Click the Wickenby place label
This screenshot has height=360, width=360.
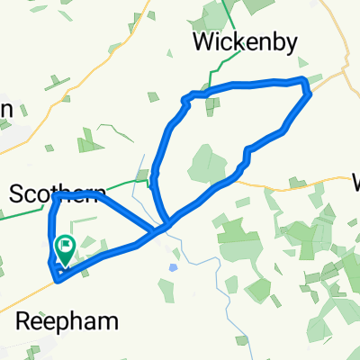click(x=237, y=41)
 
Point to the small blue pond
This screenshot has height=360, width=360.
click(x=173, y=267)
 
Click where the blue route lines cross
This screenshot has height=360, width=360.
click(x=162, y=223)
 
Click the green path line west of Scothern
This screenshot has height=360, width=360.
click(x=22, y=214)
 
